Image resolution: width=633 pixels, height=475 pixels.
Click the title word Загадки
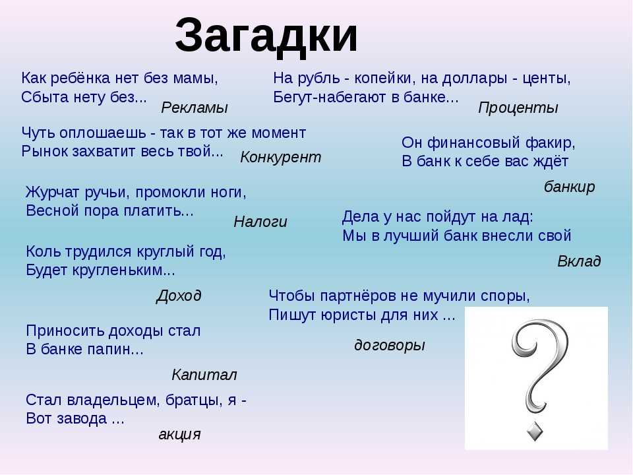coord(266,36)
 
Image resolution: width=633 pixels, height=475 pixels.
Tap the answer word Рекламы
coord(195,108)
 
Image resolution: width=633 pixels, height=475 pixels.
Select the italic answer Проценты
coord(518,108)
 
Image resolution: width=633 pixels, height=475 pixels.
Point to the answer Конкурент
coord(281,158)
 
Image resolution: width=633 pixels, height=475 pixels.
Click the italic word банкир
coord(569,187)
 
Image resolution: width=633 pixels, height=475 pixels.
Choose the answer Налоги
coord(260,222)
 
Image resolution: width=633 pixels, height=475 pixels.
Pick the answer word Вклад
coord(579,261)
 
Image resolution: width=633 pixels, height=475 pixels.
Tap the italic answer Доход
coord(179,296)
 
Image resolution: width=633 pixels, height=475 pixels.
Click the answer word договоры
coord(390,345)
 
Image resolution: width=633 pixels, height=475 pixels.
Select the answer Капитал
coord(204,375)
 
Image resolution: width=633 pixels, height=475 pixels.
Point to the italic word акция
coord(179,435)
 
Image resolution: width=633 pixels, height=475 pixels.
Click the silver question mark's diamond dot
coord(535,431)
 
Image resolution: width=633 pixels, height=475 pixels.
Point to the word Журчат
coord(53,192)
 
